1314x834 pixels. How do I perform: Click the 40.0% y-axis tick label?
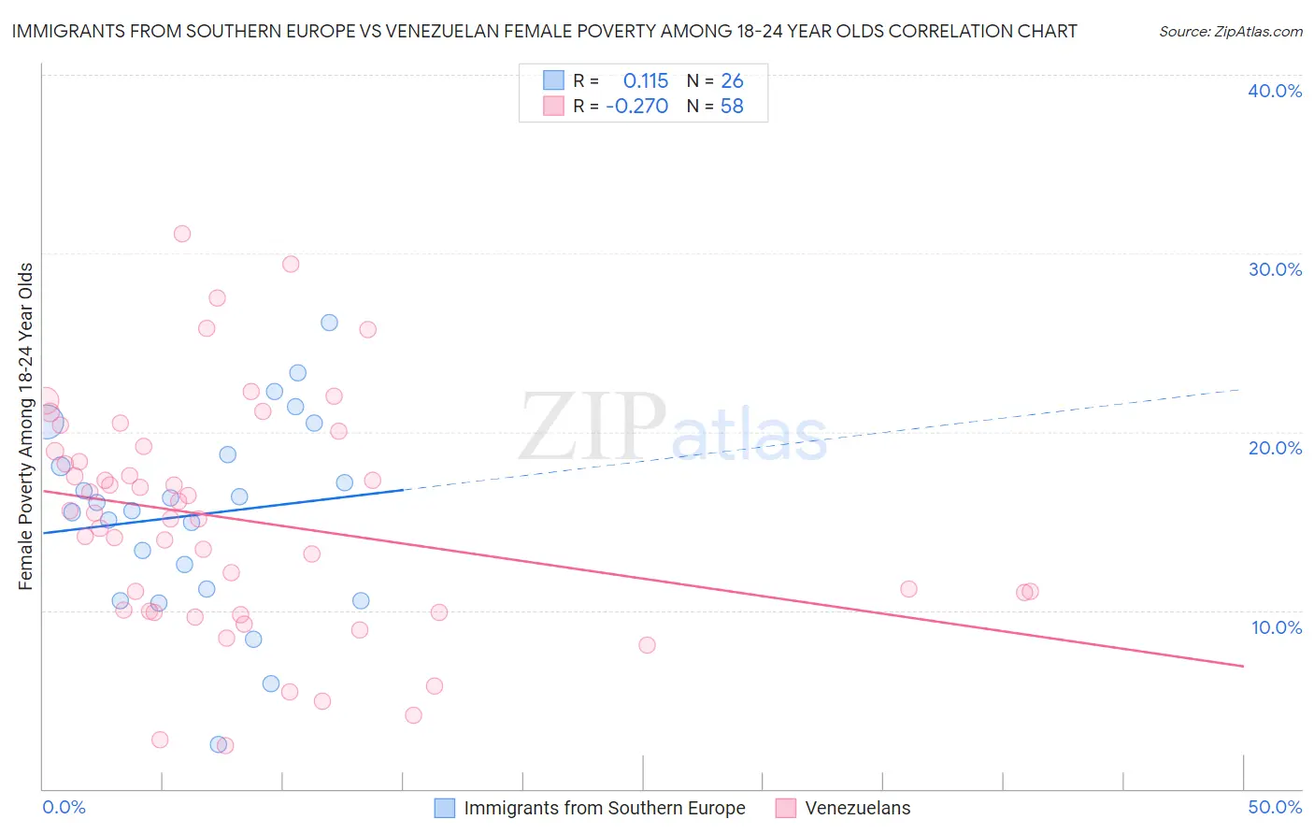tap(1275, 91)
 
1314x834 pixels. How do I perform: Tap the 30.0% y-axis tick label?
tap(1275, 269)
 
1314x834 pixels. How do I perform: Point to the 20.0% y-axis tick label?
tap(1275, 448)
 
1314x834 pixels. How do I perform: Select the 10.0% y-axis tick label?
tap(1277, 627)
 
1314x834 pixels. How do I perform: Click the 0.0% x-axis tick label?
tap(64, 807)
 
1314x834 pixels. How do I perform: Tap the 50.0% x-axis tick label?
tap(1275, 807)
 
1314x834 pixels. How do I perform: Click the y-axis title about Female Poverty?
tap(26, 426)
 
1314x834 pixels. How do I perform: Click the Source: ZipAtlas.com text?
tap(1230, 31)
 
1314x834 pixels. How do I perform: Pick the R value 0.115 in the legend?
tap(646, 80)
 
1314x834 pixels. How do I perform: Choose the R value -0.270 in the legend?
tap(637, 107)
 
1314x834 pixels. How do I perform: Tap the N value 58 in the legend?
tap(732, 107)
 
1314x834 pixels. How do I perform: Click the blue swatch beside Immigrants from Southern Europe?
tap(445, 808)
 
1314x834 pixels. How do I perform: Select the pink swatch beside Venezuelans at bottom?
tap(786, 808)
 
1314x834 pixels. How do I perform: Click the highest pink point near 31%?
tap(182, 234)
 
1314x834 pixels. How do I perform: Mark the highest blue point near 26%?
tap(329, 323)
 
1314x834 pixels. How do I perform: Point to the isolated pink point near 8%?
tap(647, 645)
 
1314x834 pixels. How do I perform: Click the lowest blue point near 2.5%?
tap(218, 744)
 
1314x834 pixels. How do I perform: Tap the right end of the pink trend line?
tap(1243, 666)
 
